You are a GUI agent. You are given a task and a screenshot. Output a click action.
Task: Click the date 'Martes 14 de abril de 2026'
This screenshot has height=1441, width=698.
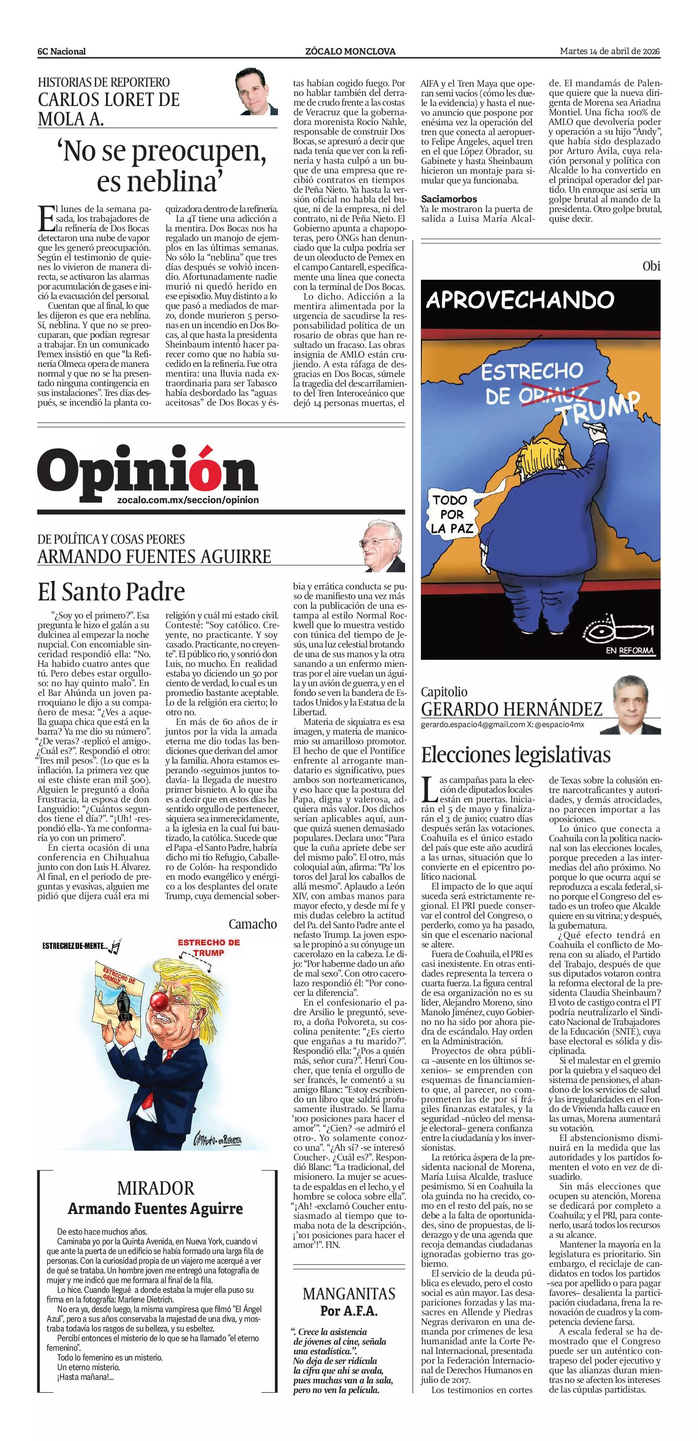[x=610, y=51]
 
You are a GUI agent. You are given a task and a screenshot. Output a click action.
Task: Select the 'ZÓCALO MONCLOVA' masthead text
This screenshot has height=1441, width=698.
[x=350, y=51]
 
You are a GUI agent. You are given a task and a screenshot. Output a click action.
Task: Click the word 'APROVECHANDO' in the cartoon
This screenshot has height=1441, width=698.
[x=520, y=300]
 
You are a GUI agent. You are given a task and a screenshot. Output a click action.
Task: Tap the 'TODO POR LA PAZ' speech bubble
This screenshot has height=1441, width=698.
[x=452, y=513]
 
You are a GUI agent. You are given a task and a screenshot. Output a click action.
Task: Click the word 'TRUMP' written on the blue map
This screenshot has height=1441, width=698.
[x=599, y=406]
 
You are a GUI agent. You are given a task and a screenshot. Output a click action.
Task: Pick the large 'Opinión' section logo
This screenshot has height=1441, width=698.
[x=148, y=473]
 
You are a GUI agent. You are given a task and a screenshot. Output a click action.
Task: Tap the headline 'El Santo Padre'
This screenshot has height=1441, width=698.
[x=111, y=591]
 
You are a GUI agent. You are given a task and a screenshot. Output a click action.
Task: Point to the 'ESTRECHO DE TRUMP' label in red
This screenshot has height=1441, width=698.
[x=208, y=947]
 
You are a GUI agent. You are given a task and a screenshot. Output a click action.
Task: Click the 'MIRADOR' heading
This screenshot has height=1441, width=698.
[x=156, y=1188]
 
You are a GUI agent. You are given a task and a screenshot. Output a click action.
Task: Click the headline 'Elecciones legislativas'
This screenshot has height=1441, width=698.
[x=515, y=755]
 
